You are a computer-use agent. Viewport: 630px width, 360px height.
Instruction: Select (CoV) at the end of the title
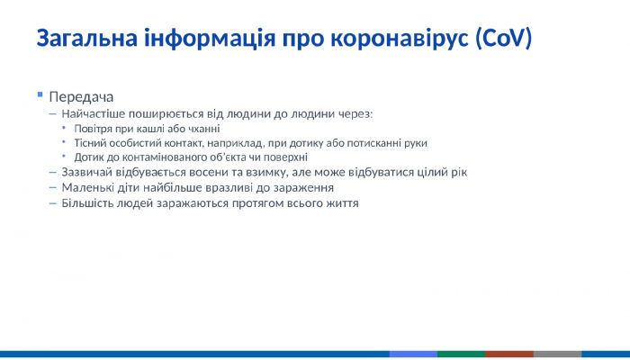pyautogui.click(x=505, y=40)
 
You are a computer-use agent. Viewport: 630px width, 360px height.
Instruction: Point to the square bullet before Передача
pyautogui.click(x=40, y=94)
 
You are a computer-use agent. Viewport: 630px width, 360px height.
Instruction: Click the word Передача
pyautogui.click(x=81, y=96)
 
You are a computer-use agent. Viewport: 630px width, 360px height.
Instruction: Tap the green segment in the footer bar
pyautogui.click(x=461, y=355)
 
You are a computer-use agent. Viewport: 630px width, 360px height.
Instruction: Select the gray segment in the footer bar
pyautogui.click(x=557, y=355)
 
